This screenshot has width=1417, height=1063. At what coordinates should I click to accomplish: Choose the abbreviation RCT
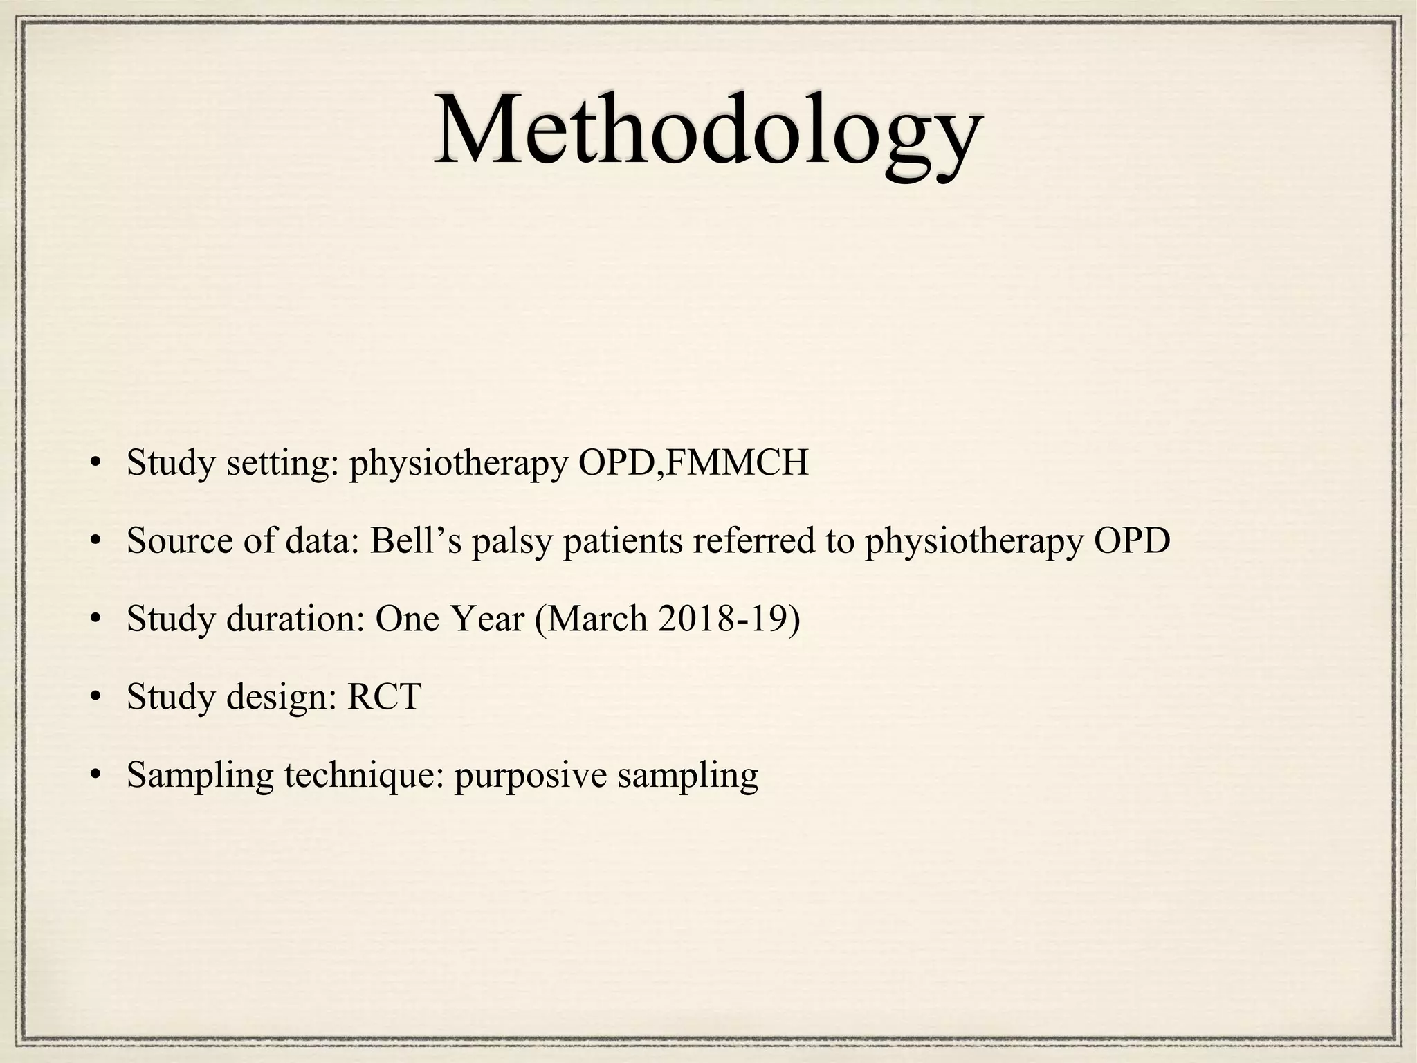tap(384, 697)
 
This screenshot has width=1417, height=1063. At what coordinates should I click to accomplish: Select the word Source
tap(180, 540)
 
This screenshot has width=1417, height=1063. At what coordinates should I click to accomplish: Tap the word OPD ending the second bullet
tap(1132, 540)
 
